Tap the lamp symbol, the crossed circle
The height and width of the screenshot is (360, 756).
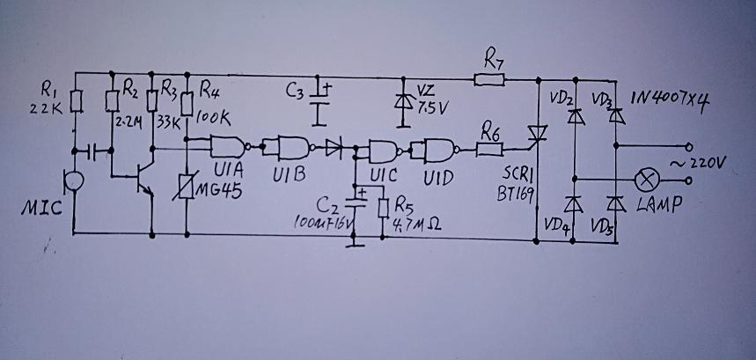[x=648, y=179]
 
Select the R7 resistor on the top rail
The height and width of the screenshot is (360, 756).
[x=488, y=80]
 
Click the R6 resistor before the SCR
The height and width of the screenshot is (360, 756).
[x=489, y=151]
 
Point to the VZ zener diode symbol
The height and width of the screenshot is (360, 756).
[x=404, y=99]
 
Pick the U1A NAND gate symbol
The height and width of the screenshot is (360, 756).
[x=230, y=145]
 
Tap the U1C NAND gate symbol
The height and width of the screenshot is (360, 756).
[x=385, y=151]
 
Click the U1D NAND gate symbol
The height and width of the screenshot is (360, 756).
[x=437, y=151]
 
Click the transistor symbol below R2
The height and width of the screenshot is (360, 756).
[x=141, y=180]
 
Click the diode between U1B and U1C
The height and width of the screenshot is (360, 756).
[x=334, y=147]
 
